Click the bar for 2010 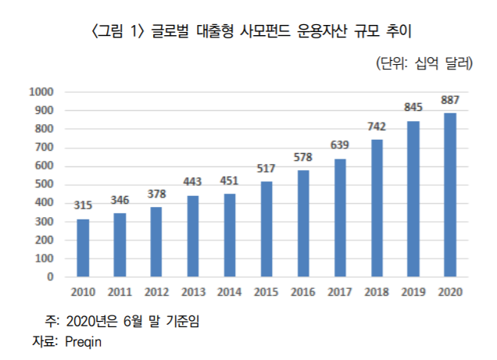(x=83, y=248)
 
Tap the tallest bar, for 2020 (x=450, y=194)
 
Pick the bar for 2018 (x=377, y=208)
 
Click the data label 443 (x=193, y=182)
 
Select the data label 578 (x=303, y=157)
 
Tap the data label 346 (x=120, y=200)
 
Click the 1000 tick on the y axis (x=41, y=92)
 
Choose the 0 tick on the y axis (x=49, y=276)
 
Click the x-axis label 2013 (x=193, y=292)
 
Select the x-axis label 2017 (x=340, y=292)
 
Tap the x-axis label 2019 (x=413, y=292)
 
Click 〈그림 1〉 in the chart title (x=116, y=32)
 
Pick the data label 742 (x=377, y=127)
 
